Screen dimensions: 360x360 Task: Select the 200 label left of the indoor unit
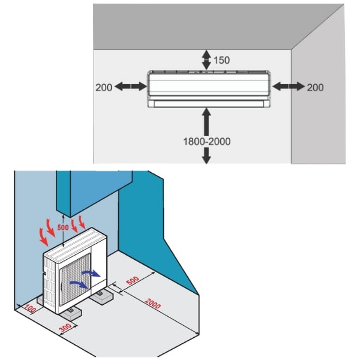click(104, 87)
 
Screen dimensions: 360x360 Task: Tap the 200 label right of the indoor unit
click(315, 87)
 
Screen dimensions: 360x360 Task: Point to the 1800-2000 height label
click(206, 142)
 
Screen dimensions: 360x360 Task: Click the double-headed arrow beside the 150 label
click(206, 59)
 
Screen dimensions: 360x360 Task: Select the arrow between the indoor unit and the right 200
click(288, 87)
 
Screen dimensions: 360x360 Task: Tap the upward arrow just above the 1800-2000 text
click(206, 121)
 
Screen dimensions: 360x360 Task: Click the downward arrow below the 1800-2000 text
click(206, 155)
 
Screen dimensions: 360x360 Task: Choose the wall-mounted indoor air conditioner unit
click(209, 89)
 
